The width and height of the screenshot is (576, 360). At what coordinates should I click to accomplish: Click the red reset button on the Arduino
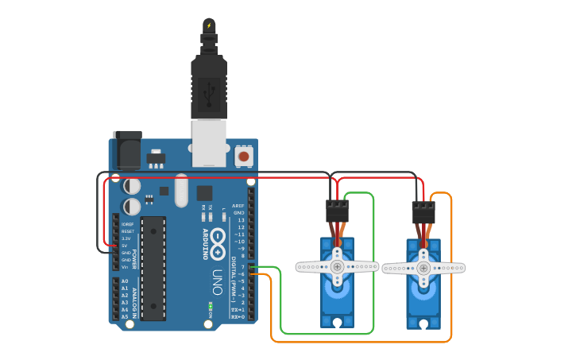click(x=244, y=157)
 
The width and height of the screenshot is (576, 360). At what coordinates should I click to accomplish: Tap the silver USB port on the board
click(x=209, y=143)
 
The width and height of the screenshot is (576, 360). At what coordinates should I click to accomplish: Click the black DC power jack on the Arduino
click(x=127, y=149)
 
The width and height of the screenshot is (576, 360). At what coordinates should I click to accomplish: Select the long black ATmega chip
click(x=153, y=268)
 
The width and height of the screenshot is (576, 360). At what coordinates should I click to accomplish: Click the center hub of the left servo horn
click(x=338, y=267)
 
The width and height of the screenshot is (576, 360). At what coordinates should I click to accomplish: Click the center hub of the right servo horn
click(x=423, y=269)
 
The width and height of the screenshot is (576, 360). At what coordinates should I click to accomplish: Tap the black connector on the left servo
click(x=337, y=211)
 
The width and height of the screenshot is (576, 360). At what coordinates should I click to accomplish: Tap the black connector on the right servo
click(x=423, y=212)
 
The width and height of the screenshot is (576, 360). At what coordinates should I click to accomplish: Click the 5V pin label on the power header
click(x=125, y=246)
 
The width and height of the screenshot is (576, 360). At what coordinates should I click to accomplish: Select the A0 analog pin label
click(x=125, y=281)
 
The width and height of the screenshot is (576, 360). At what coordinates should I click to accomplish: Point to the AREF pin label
click(x=238, y=206)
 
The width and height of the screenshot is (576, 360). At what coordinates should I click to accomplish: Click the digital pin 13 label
click(x=240, y=220)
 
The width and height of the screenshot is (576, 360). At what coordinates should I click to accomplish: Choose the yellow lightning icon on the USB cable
click(x=209, y=25)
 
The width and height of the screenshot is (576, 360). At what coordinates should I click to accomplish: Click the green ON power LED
click(x=210, y=305)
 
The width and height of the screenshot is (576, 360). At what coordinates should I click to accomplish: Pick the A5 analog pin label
click(x=125, y=317)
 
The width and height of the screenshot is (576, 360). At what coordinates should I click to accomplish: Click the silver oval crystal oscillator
click(x=182, y=191)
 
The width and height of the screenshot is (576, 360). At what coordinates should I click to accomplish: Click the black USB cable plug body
click(x=209, y=87)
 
